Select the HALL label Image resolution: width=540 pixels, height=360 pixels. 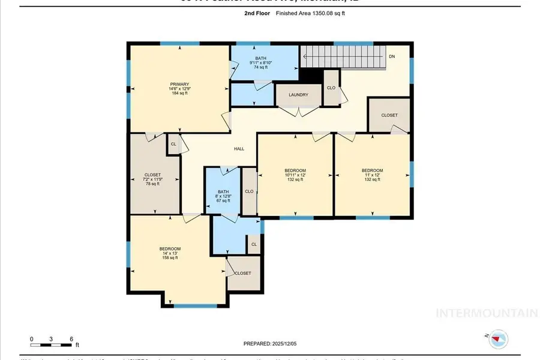pyautogui.click(x=239, y=148)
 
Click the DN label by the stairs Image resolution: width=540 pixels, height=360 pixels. pyautogui.click(x=392, y=56)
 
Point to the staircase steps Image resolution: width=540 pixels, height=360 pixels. pyautogui.click(x=342, y=57)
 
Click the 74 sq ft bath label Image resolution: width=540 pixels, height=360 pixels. pyautogui.click(x=260, y=62)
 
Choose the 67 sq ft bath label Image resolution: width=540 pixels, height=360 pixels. pyautogui.click(x=222, y=196)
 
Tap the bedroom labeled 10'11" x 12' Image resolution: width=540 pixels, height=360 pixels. pyautogui.click(x=295, y=175)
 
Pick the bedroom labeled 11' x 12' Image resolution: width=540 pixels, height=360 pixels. pyautogui.click(x=372, y=175)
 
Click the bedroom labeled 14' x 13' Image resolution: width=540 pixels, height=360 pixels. pyautogui.click(x=170, y=253)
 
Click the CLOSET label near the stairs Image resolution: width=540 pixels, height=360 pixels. pyautogui.click(x=389, y=115)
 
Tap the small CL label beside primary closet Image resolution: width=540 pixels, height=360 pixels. pyautogui.click(x=173, y=145)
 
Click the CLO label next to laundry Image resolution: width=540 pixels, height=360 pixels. pyautogui.click(x=331, y=87)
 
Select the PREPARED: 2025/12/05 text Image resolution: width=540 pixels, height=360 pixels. pyautogui.click(x=270, y=344)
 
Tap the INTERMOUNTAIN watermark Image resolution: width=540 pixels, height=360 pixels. pyautogui.click(x=486, y=313)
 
